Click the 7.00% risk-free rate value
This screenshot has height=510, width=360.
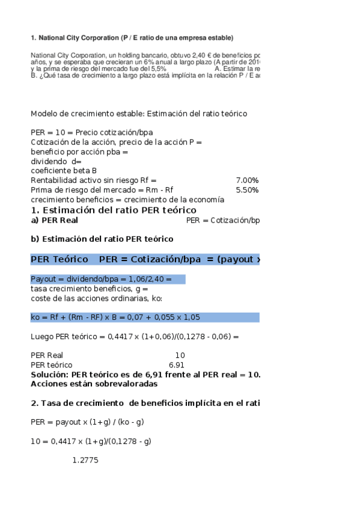(x=247, y=180)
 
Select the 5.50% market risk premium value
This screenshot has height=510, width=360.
(x=247, y=190)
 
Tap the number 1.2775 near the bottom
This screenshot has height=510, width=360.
(x=85, y=460)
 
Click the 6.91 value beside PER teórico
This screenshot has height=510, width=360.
(x=177, y=365)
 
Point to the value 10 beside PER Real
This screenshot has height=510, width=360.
(x=180, y=355)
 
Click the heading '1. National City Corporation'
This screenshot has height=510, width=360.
(x=132, y=38)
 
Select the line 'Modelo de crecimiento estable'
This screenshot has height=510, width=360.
(x=139, y=114)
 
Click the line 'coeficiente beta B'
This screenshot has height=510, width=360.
(x=65, y=171)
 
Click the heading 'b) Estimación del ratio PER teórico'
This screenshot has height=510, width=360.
(x=102, y=239)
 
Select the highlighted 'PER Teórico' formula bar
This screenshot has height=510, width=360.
(x=145, y=259)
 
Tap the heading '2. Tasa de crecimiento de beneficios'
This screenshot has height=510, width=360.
(x=145, y=403)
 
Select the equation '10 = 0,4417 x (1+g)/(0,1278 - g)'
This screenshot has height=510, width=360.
(x=91, y=441)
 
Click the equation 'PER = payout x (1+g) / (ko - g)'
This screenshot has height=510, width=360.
(x=87, y=422)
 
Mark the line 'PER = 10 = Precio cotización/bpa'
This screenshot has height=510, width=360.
(x=91, y=132)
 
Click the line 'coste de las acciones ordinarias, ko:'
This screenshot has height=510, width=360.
(x=96, y=298)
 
